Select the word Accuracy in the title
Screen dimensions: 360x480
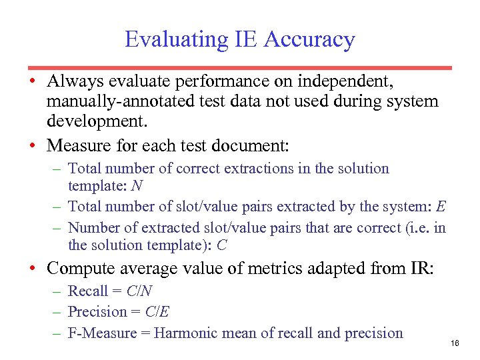click(x=309, y=40)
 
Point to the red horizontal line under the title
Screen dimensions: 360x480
click(x=239, y=67)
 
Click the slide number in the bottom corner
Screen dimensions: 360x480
click(x=455, y=343)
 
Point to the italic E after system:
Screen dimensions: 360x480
click(x=441, y=207)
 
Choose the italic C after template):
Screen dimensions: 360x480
click(x=222, y=245)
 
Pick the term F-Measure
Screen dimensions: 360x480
click(x=103, y=333)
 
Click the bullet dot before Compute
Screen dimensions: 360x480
click(x=32, y=269)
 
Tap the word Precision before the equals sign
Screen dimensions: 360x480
click(x=97, y=312)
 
